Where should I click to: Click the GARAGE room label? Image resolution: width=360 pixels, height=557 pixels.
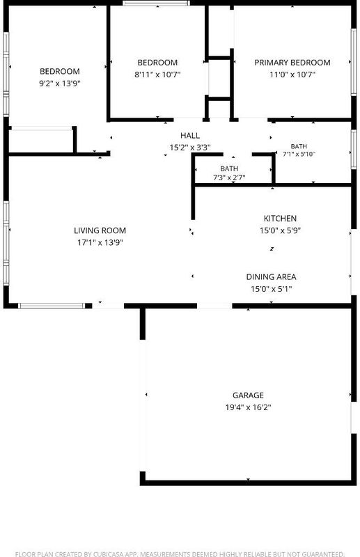pos(248,395)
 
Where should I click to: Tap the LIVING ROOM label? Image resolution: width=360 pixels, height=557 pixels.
pos(100,230)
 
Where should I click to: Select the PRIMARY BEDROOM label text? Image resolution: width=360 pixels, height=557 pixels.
pos(292,63)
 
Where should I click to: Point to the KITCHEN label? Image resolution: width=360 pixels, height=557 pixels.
pos(280,218)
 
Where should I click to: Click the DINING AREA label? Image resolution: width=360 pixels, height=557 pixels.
pos(271,276)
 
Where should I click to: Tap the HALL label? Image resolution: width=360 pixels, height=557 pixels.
pos(190,135)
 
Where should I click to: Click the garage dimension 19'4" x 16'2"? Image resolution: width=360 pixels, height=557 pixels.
pos(248,407)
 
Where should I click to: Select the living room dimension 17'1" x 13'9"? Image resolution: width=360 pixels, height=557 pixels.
pos(100,242)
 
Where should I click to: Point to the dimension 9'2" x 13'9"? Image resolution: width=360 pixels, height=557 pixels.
pos(60,84)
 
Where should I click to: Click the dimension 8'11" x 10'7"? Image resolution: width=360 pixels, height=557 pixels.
pos(157,74)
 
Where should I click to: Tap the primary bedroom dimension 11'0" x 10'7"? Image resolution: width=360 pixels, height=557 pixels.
pos(292,74)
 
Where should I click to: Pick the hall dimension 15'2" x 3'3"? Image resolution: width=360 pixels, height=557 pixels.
pos(190,148)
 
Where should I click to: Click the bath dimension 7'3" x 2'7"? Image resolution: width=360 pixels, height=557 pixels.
pos(229,178)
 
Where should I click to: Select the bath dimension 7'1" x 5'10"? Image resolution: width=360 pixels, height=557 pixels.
pos(299,154)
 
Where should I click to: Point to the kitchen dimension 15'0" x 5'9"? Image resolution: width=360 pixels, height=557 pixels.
pos(280,230)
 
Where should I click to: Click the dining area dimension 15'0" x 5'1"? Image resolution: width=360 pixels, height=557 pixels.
pos(271,289)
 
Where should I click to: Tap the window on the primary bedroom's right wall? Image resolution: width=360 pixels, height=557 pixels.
pos(353,62)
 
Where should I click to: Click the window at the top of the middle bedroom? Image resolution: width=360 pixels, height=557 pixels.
pos(157,3)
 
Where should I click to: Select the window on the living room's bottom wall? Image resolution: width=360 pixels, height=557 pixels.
pos(52,306)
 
